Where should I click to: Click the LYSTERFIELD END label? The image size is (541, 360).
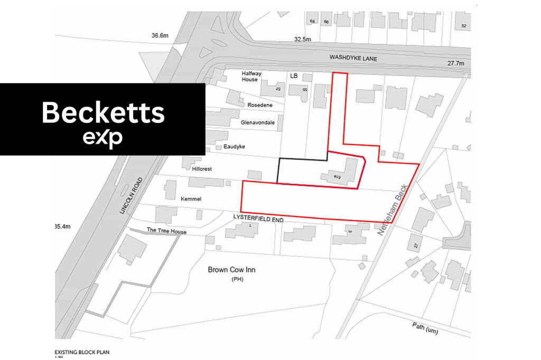click(256, 217)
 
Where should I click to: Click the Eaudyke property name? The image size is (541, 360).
click(235, 146)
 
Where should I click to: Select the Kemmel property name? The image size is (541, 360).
click(191, 199)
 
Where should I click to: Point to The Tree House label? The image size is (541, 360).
click(166, 231)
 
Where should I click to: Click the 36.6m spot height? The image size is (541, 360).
click(160, 35)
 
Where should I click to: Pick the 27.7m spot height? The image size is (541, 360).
click(455, 63)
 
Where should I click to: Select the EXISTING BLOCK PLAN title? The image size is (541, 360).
click(82, 352)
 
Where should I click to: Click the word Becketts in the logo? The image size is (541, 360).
click(103, 112)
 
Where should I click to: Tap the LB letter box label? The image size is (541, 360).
click(294, 76)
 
